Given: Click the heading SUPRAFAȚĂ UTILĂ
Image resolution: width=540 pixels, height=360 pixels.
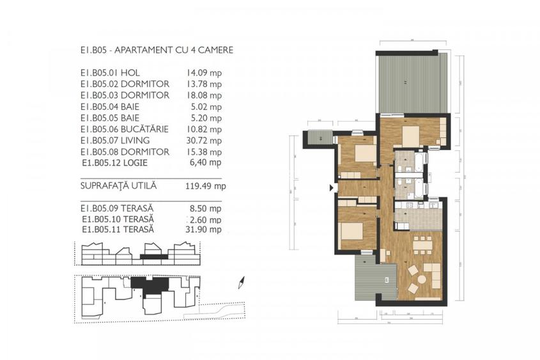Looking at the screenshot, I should tap(119, 187).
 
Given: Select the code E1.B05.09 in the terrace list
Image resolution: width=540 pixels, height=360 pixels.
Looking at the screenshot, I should tap(100, 208).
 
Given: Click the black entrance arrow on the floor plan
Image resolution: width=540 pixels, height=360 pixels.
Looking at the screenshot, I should tap(330, 187).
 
